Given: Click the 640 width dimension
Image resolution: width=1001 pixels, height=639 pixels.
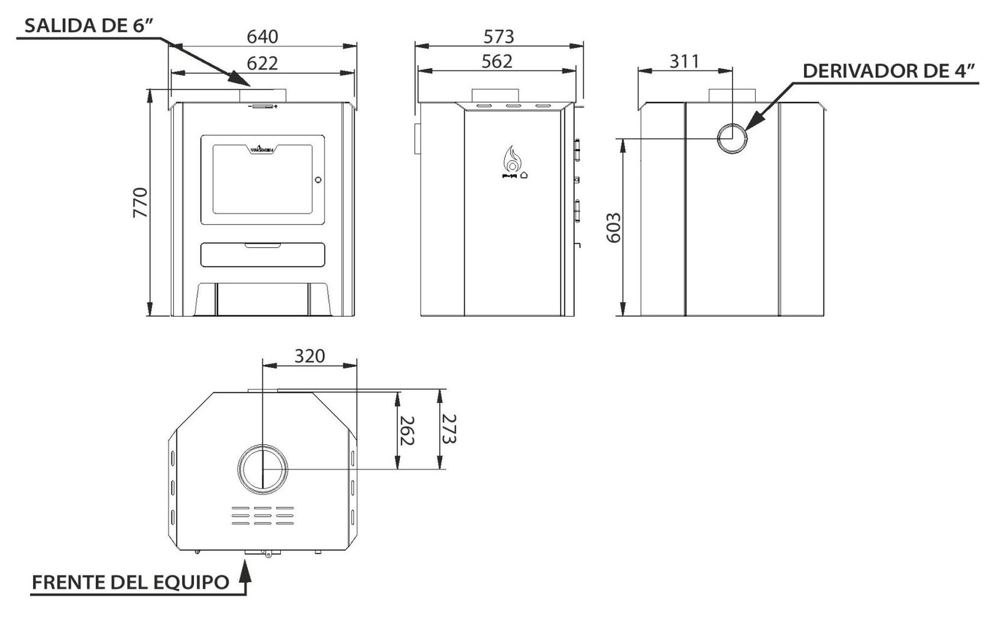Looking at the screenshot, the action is pyautogui.click(x=262, y=37).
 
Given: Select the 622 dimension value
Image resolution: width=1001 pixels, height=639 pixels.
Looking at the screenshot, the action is pyautogui.click(x=262, y=63).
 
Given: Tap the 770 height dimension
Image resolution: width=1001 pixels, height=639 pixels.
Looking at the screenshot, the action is pyautogui.click(x=140, y=203).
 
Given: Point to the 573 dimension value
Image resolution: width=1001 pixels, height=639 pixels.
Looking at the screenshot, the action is pyautogui.click(x=499, y=37).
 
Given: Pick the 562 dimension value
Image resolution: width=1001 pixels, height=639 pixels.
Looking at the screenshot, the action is pyautogui.click(x=497, y=62).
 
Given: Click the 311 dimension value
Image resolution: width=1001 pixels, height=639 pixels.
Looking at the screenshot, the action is pyautogui.click(x=684, y=62).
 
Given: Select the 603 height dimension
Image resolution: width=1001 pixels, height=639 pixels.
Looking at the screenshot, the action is pyautogui.click(x=614, y=228).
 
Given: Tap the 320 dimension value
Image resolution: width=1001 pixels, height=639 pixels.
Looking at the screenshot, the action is pyautogui.click(x=310, y=356).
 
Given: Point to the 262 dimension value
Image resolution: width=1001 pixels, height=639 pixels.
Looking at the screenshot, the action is pyautogui.click(x=407, y=431).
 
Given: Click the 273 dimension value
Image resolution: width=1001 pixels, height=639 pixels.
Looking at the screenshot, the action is pyautogui.click(x=449, y=429).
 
